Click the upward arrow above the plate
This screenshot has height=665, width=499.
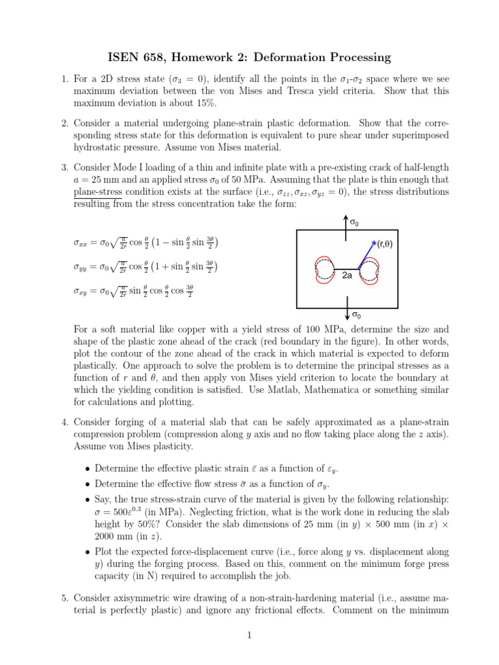point(345,221)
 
